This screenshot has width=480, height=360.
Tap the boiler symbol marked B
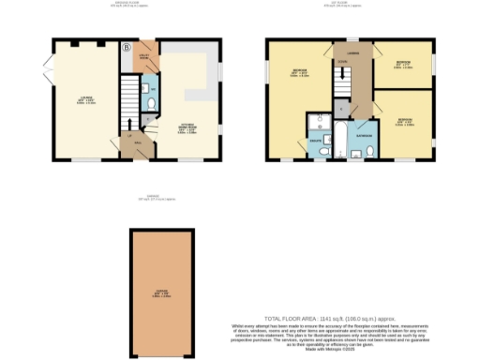(127, 46)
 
